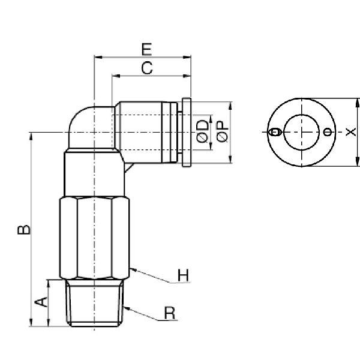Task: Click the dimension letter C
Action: (x=146, y=68)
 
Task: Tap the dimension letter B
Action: (x=22, y=229)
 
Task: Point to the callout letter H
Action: (x=183, y=276)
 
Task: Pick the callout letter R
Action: (x=170, y=313)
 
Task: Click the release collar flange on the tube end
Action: (x=187, y=131)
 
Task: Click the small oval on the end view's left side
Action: (x=275, y=131)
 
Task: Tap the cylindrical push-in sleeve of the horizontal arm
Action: (x=147, y=131)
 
